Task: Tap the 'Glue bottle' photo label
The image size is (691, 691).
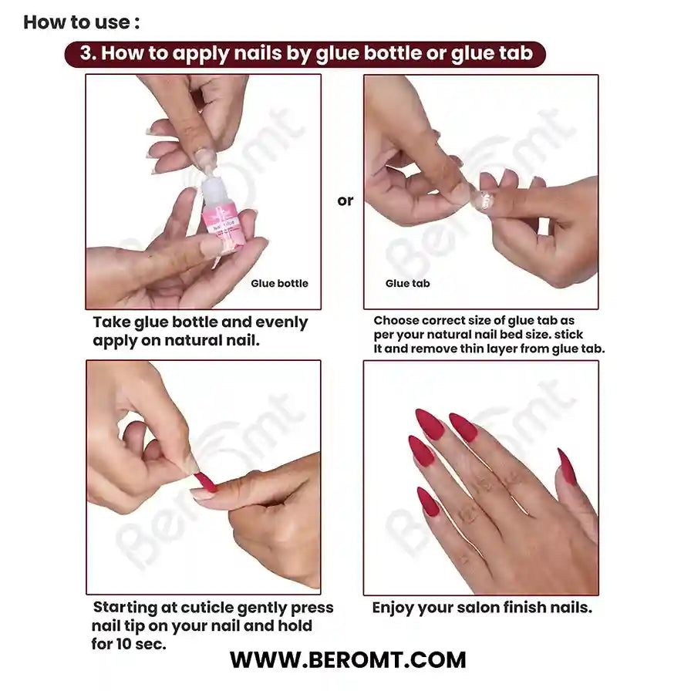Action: pos(279,284)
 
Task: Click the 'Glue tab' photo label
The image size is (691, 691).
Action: pos(408,284)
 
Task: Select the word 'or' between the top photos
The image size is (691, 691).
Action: pos(345,201)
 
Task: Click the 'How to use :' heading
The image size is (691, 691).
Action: pos(82,22)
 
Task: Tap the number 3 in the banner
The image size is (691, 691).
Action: pos(86,53)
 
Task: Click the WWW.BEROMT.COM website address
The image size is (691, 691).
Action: pos(348,660)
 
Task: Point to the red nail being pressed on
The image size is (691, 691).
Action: pos(205,482)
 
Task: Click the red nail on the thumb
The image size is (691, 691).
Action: pos(566,467)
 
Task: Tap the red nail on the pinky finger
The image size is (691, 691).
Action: pos(427,501)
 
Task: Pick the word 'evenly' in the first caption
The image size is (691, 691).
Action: pos(279,322)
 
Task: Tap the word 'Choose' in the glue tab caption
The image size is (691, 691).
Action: pos(397,320)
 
